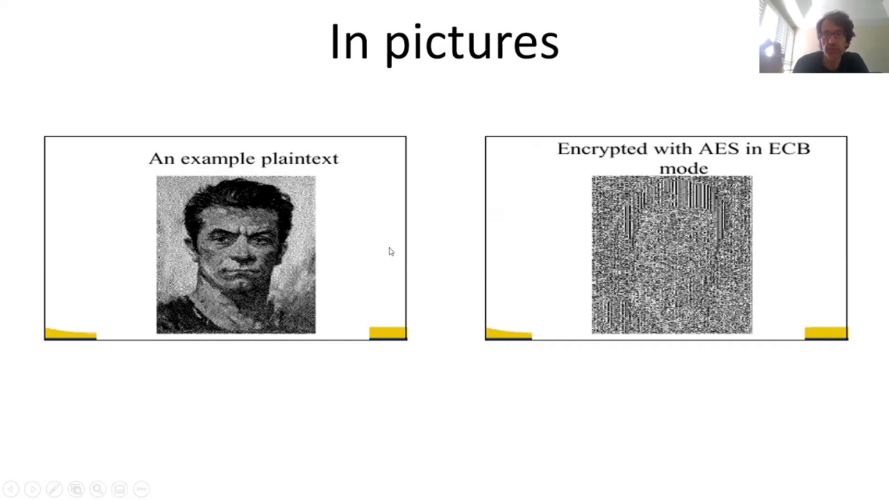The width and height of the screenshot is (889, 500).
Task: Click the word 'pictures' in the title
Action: tap(472, 43)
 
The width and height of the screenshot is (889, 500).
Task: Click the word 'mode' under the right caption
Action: tap(683, 168)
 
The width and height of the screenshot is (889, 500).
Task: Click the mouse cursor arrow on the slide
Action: tap(391, 251)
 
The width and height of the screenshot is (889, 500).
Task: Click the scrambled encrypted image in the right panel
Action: tap(672, 255)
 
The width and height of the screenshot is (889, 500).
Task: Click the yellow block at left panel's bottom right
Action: tap(387, 333)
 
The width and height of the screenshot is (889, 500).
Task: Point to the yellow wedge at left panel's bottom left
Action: tap(69, 335)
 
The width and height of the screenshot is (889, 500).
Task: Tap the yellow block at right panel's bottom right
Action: tap(825, 333)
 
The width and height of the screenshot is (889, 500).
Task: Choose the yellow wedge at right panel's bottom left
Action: tap(508, 335)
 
